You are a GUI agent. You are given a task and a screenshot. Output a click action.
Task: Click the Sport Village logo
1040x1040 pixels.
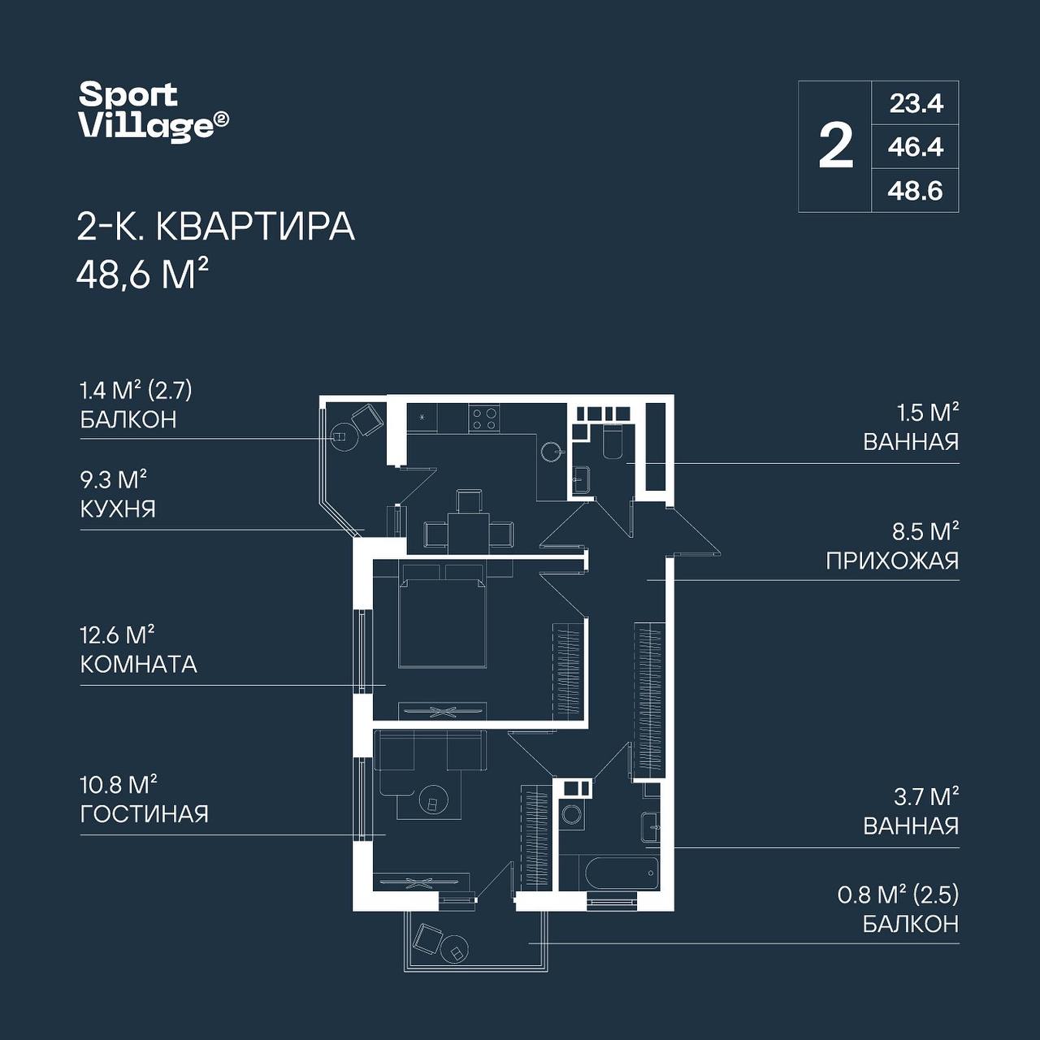[x=154, y=112]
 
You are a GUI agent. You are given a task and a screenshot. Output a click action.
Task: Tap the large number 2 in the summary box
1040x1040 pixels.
[x=835, y=146]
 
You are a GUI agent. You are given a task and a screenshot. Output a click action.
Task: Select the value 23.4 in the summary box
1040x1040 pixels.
[x=916, y=103]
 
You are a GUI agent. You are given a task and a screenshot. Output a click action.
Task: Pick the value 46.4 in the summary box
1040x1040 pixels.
[x=916, y=147]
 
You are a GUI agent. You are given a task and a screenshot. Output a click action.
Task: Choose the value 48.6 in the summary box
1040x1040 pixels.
[x=916, y=190]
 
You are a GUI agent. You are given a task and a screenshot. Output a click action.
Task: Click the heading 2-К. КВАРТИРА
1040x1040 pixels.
[x=216, y=227]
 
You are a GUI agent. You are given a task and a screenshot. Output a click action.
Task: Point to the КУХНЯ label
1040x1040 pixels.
[x=118, y=509]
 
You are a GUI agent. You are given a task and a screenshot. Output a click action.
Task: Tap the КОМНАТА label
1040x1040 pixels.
[x=139, y=665]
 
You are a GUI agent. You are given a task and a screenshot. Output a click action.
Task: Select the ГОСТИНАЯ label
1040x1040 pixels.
[x=145, y=814]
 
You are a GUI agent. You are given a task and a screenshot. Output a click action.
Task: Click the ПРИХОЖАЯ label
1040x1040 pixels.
[x=893, y=561]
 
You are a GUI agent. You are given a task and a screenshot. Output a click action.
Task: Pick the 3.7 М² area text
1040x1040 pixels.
[x=926, y=796]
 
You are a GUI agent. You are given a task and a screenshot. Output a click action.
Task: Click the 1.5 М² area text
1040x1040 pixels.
[x=928, y=413]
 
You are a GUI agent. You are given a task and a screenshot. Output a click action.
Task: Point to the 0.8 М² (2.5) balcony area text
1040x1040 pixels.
[x=898, y=895]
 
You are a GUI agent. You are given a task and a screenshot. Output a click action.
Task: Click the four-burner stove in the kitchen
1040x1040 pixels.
[x=484, y=418]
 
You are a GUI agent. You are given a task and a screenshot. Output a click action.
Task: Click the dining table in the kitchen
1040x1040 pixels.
[x=469, y=533]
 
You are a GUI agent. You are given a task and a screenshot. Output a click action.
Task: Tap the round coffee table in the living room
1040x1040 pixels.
[x=433, y=803]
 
